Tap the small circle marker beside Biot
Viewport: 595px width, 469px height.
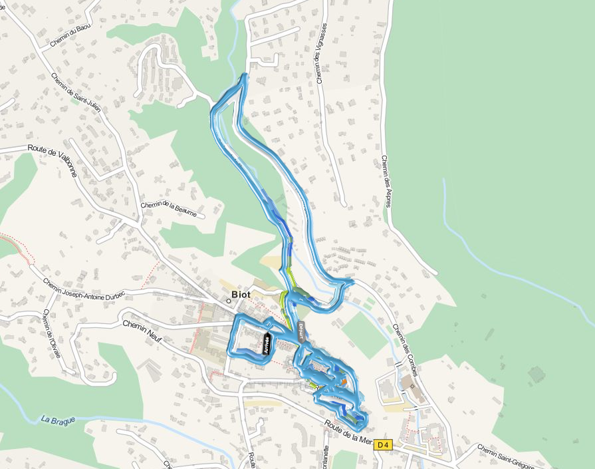tap(228, 301)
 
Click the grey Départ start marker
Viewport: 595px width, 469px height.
tap(300, 331)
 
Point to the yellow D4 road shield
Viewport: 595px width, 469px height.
tap(382, 444)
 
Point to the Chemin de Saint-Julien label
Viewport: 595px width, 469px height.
tap(76, 92)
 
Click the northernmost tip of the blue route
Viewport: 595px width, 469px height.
tap(247, 75)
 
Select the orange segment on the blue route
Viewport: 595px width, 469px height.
tap(344, 381)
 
